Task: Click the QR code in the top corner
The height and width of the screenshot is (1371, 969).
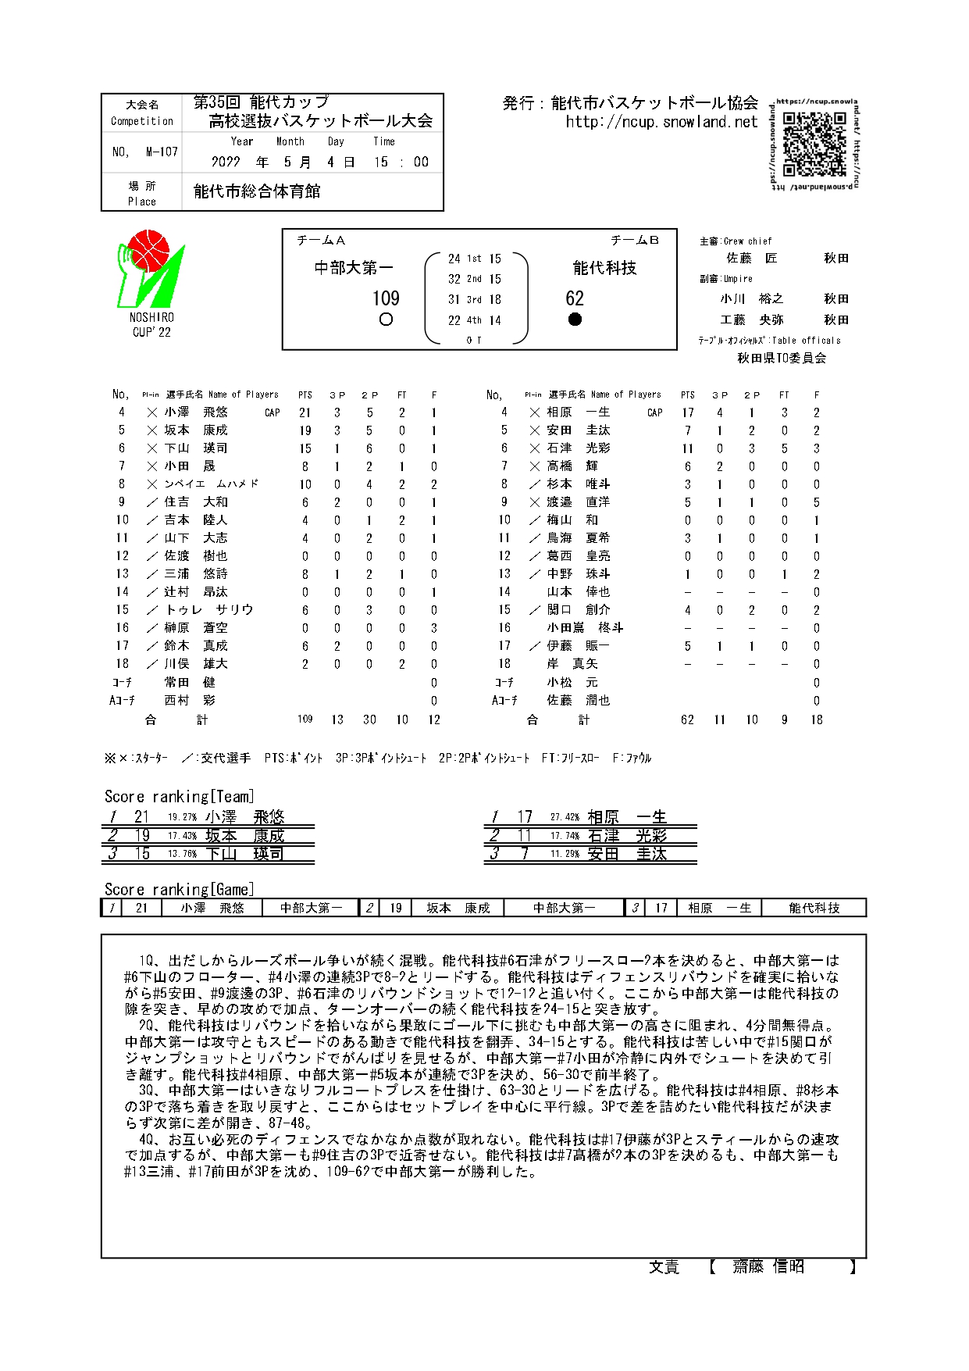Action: point(814,145)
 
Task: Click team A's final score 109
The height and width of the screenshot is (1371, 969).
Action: point(386,298)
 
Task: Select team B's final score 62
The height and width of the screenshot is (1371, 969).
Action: point(575,298)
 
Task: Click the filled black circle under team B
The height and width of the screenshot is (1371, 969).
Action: point(575,319)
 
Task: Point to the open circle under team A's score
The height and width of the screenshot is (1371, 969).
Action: point(386,320)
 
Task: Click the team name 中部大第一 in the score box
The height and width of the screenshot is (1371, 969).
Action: point(354,268)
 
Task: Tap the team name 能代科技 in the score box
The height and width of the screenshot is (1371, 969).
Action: point(604,268)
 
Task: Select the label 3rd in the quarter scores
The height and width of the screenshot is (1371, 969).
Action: point(474,300)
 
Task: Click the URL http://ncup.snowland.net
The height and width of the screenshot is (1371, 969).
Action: point(661,122)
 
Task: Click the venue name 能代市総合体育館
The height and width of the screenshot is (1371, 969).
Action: point(257,191)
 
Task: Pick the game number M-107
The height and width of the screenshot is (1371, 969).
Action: point(162,152)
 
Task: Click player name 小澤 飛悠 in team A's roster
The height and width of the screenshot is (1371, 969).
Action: point(196,412)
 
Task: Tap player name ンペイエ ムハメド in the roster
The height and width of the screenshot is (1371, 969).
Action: point(211,484)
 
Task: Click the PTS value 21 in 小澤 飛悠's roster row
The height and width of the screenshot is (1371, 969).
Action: point(305,412)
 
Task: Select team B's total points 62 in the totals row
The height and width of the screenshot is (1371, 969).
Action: point(687,720)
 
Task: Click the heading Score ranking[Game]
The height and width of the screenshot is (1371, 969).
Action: point(180,890)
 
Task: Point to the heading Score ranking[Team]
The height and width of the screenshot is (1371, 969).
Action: point(180,797)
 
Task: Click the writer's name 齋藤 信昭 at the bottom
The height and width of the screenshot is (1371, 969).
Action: point(768,1266)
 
